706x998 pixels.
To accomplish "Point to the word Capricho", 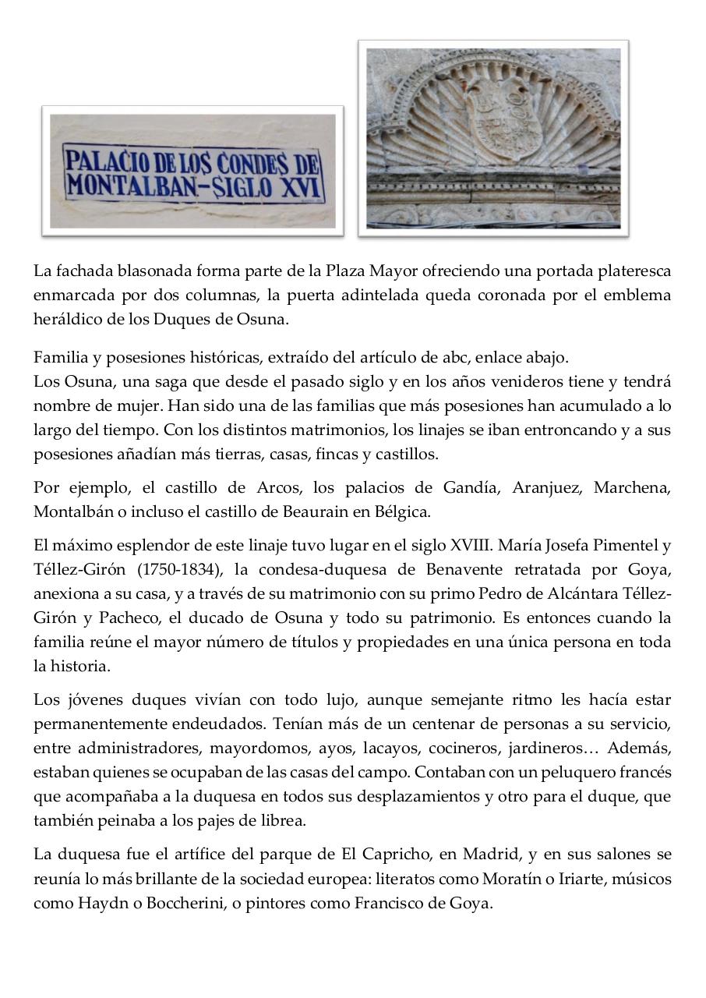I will click(x=387, y=855).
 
